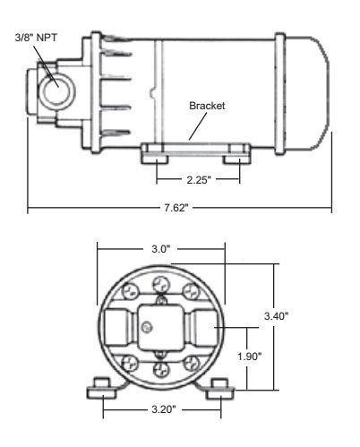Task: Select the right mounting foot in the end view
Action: [x=220, y=390]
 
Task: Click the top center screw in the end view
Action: [x=159, y=284]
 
